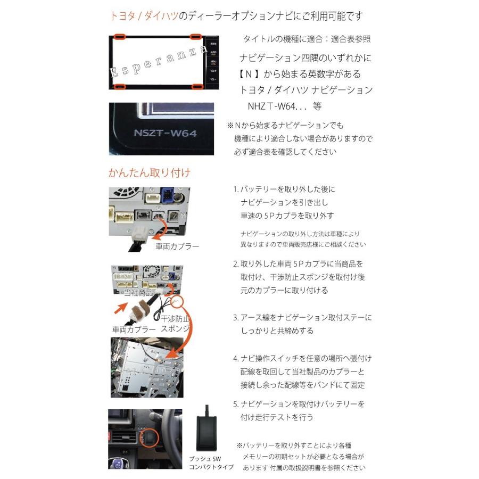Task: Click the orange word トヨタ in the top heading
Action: pyautogui.click(x=122, y=16)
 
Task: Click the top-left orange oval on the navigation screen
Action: pyautogui.click(x=119, y=37)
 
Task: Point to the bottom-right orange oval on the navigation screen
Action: pyautogui.click(x=197, y=86)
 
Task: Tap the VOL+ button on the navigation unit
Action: pyautogui.click(x=213, y=70)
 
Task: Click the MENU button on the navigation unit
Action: pyautogui.click(x=213, y=61)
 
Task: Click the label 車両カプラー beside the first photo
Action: pyautogui.click(x=177, y=247)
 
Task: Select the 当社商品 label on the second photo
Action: pyautogui.click(x=138, y=293)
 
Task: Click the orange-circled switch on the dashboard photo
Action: pyautogui.click(x=150, y=438)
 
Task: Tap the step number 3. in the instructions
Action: pyautogui.click(x=236, y=318)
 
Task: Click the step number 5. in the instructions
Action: pyautogui.click(x=236, y=404)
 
